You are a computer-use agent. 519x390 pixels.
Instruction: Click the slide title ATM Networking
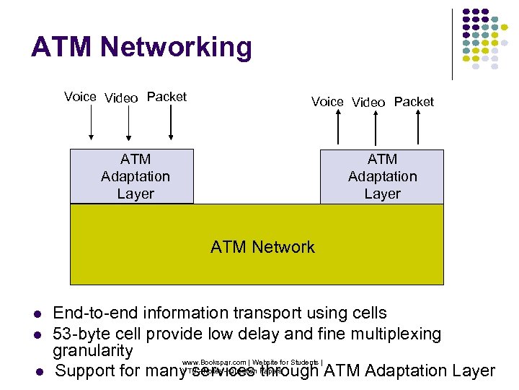coord(141,48)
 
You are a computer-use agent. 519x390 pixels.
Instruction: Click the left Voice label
coord(80,97)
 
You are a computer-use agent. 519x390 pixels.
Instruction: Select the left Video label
coord(121,98)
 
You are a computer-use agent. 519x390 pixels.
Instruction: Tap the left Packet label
coord(167,97)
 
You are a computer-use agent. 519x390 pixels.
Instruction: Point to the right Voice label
coord(327,102)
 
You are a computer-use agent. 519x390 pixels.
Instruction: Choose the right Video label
coord(368,103)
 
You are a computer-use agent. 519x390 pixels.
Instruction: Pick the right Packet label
coord(414,102)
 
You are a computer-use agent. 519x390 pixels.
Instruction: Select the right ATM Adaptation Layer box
coord(382,176)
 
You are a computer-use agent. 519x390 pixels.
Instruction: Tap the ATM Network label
coord(262,247)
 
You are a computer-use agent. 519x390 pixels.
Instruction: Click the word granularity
coord(93,352)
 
